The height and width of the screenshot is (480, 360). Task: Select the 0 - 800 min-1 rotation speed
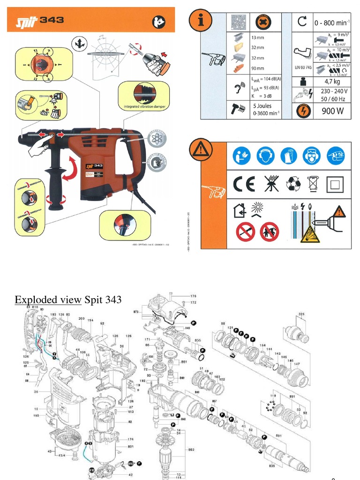coord(330,22)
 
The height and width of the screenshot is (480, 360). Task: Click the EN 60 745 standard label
coord(303,67)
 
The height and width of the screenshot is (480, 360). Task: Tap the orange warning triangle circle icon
coord(201,150)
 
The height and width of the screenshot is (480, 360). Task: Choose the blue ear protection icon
coord(266,156)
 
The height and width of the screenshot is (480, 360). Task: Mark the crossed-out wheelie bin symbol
coord(313,183)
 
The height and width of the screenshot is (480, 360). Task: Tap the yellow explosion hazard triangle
coord(310,233)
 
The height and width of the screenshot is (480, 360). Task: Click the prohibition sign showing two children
coord(270,232)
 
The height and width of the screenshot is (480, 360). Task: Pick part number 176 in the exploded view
coord(193,296)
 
